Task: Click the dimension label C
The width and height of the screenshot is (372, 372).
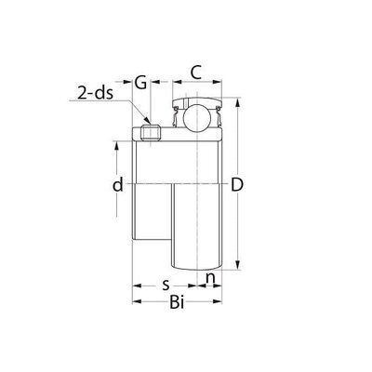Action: pos(195,73)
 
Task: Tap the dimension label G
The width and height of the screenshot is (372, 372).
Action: pos(141,83)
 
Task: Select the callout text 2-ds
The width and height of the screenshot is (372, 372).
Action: pos(95,93)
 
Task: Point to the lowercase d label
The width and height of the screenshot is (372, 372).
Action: pos(118,185)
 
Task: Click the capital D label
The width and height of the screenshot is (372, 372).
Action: pos(237,185)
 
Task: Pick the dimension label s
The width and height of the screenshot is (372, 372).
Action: pos(166,285)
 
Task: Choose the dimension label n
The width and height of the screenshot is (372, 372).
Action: pos(210,279)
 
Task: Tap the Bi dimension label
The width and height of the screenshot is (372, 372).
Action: pos(177,302)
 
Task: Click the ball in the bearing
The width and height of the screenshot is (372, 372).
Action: pos(197,117)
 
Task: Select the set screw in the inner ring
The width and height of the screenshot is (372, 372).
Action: pos(151,133)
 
